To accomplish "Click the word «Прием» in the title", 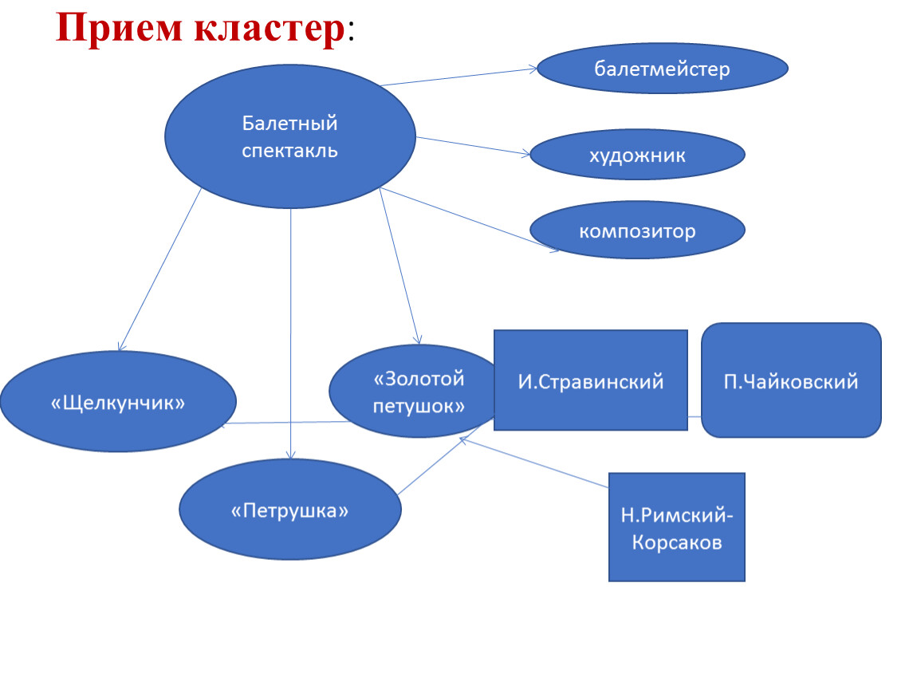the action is point(120,28).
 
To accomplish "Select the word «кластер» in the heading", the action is point(270,28).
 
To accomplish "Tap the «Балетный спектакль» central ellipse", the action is point(290,136).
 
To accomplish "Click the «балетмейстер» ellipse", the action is point(662,69).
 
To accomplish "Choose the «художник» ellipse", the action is point(637,155).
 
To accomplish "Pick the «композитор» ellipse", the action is point(637,230).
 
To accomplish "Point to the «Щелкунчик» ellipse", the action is point(118,402).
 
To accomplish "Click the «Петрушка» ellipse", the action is point(290,510).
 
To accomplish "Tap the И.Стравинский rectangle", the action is point(591,380).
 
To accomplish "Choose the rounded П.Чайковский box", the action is point(791,380).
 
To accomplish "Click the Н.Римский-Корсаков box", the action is point(677,527).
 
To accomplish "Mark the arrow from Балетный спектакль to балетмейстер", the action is point(458,77).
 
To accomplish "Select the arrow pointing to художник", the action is point(473,146).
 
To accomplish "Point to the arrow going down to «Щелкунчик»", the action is point(159,270).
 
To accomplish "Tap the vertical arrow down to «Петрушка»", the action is point(291,334).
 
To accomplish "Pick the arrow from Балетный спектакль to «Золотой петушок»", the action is point(400,266).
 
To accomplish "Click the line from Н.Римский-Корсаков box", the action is point(534,462).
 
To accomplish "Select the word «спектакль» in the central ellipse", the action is point(290,151).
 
